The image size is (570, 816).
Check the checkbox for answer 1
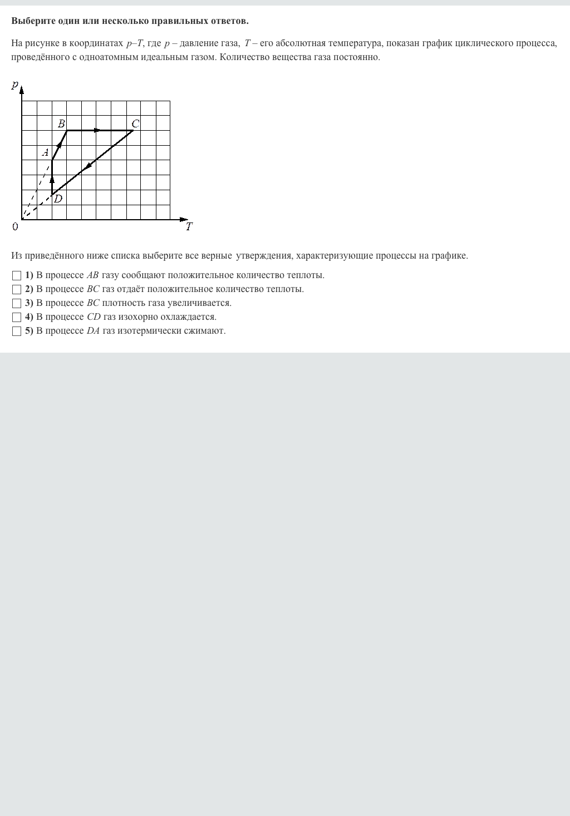[x=17, y=275]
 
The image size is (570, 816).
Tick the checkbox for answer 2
[x=17, y=289]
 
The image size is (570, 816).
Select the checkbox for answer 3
[x=17, y=303]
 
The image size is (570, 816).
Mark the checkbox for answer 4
[x=17, y=317]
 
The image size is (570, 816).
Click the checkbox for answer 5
[x=17, y=331]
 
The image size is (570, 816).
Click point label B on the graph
[x=61, y=123]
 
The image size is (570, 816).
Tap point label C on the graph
[x=135, y=123]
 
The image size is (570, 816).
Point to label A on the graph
[x=46, y=152]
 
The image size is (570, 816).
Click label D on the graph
[x=58, y=199]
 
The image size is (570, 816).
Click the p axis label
[x=15, y=85]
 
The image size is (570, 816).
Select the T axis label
[x=189, y=226]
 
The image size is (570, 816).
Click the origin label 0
[x=15, y=226]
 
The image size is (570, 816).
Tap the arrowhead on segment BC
[x=97, y=131]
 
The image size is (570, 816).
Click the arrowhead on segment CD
[x=88, y=166]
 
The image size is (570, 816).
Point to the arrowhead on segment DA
[x=52, y=180]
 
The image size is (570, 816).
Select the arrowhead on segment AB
[x=59, y=145]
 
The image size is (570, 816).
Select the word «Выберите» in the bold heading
[x=32, y=21]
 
